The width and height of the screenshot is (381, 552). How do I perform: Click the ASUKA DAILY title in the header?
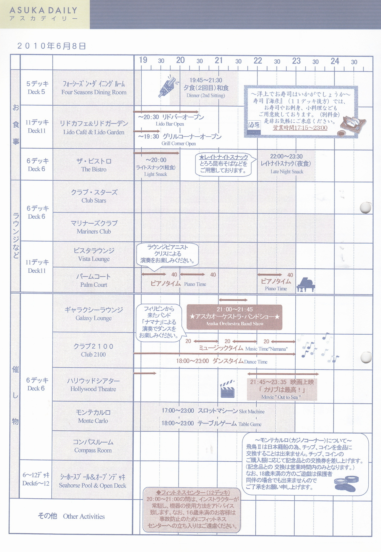click(43, 10)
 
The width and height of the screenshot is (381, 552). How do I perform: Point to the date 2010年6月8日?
click(51, 46)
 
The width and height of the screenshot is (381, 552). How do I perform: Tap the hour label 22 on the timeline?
click(258, 61)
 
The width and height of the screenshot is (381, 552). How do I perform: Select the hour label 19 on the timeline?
click(143, 60)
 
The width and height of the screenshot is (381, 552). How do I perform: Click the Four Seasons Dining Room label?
click(94, 92)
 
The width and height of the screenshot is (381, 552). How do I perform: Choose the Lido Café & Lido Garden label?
click(94, 132)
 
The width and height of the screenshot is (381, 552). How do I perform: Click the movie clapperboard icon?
click(227, 389)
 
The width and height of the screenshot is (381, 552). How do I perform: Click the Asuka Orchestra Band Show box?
click(234, 317)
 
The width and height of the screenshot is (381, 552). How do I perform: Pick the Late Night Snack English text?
click(287, 172)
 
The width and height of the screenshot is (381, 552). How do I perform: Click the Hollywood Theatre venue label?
click(93, 389)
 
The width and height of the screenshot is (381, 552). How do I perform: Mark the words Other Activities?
click(84, 516)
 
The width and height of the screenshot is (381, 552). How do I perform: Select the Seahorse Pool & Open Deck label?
click(93, 486)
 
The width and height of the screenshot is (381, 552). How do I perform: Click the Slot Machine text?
click(252, 412)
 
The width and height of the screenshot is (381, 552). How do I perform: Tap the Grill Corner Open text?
click(179, 144)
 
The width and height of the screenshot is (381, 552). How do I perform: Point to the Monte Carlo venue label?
click(93, 421)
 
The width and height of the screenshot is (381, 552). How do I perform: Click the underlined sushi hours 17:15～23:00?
click(300, 128)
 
